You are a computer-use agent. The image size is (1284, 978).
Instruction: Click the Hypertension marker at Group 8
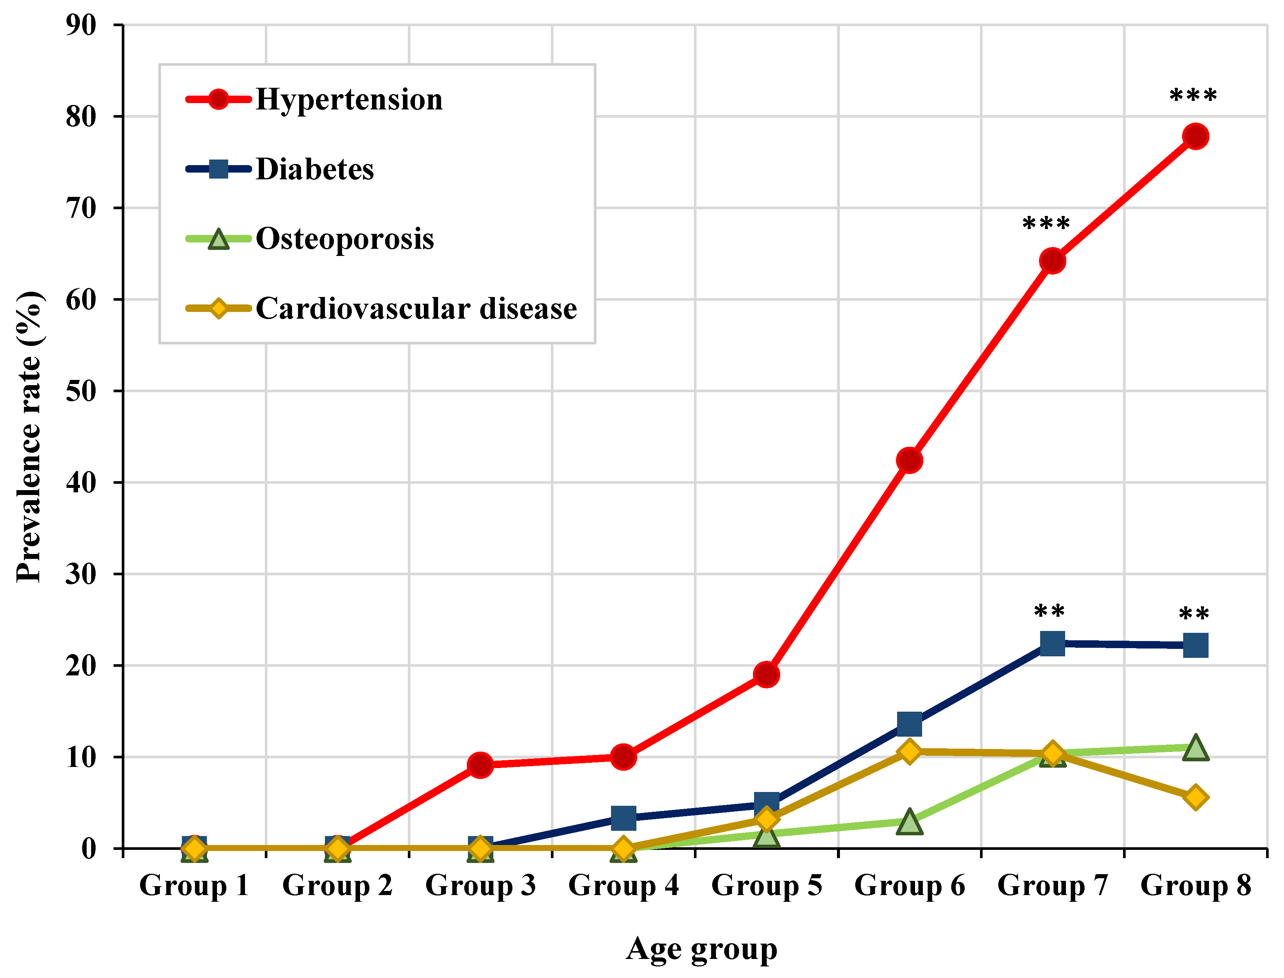click(x=1195, y=136)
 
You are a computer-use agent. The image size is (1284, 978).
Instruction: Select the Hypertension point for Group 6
click(x=909, y=460)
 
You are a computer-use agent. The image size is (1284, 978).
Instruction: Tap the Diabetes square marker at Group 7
click(x=1052, y=643)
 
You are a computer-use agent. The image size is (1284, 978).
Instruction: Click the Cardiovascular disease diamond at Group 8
click(x=1195, y=797)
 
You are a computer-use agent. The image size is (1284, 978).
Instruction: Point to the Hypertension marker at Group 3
click(x=480, y=764)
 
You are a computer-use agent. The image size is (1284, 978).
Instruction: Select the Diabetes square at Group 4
click(x=623, y=818)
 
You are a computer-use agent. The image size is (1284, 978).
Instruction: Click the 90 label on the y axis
click(x=81, y=25)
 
